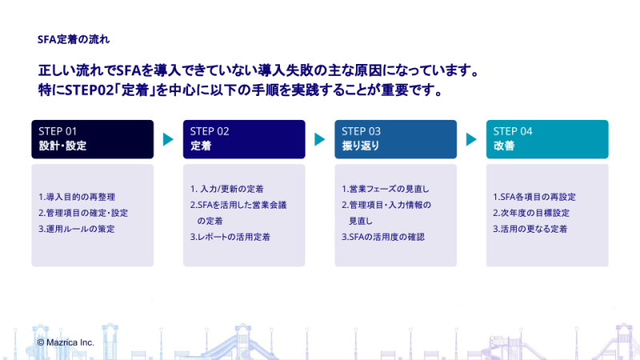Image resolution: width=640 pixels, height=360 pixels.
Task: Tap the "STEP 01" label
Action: coord(58,131)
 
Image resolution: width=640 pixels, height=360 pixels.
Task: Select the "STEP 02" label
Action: coord(210,131)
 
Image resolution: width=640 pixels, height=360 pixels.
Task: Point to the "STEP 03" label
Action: coord(361,131)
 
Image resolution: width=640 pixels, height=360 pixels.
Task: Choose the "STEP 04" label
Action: coord(513,131)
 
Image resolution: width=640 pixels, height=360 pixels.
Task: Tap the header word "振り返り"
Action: coord(360,147)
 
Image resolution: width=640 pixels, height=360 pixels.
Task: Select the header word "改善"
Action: coord(503,147)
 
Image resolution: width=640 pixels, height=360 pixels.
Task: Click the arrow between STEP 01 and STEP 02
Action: coord(168,139)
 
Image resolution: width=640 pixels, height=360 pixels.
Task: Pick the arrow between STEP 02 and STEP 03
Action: coord(319,139)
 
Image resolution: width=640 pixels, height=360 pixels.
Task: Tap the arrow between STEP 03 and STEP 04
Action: coord(471,139)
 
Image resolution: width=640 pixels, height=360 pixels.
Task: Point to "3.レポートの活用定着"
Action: coord(230,237)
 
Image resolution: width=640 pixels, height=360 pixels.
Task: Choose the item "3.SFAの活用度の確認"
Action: coord(382,237)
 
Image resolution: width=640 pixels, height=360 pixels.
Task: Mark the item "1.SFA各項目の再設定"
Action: coord(534,197)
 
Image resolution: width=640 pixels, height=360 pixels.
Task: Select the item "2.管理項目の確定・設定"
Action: coord(82,213)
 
